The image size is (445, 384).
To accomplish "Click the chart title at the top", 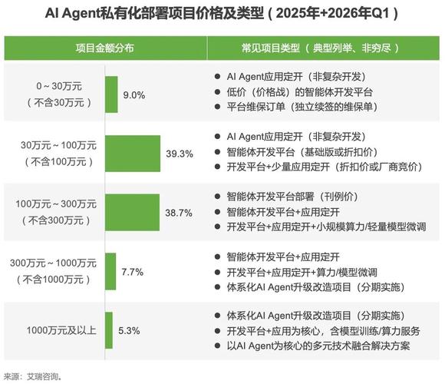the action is click(x=222, y=13).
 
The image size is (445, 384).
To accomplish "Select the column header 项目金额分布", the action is click(x=104, y=48).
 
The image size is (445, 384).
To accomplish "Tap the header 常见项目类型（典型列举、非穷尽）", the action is click(x=320, y=48).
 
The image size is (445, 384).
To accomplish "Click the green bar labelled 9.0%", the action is click(x=111, y=94).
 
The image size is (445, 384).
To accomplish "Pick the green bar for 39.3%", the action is click(x=133, y=154).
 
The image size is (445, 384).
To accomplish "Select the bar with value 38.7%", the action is click(x=132, y=213).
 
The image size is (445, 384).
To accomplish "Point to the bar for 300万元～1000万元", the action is click(x=110, y=271).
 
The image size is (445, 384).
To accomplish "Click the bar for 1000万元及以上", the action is click(x=109, y=330).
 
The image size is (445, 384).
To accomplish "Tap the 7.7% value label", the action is click(x=132, y=272).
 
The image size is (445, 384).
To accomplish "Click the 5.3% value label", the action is click(x=129, y=331).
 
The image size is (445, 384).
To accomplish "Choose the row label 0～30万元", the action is click(x=59, y=86).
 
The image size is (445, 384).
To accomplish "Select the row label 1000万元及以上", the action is click(x=61, y=330).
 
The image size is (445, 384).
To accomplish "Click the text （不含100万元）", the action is click(x=59, y=162).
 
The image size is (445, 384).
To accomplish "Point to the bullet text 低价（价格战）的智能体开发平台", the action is click(x=299, y=92).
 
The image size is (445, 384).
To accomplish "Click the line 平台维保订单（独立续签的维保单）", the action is click(x=302, y=107).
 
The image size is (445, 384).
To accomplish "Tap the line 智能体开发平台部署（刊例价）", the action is click(x=293, y=197).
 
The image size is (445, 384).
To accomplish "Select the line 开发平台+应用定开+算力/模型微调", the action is click(x=302, y=273).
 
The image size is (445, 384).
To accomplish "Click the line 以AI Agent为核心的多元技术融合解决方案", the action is click(x=318, y=346).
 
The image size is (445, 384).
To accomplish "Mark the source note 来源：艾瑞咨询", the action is click(x=33, y=377).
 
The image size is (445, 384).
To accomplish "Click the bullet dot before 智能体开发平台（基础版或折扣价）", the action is click(x=217, y=152).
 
